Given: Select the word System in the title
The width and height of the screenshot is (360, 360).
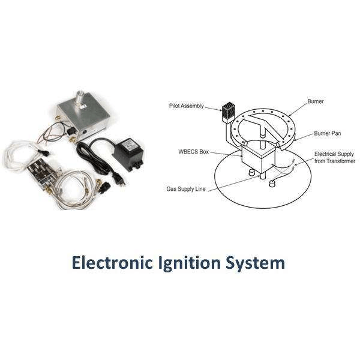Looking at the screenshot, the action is pyautogui.click(x=255, y=264).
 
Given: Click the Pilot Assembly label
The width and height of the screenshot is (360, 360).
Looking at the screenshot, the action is pyautogui.click(x=187, y=106).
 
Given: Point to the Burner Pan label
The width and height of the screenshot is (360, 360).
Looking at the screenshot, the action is pyautogui.click(x=328, y=133).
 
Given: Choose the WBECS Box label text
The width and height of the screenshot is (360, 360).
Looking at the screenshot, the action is pyautogui.click(x=194, y=152).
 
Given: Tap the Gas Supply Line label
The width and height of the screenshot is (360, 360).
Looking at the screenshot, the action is pyautogui.click(x=186, y=189).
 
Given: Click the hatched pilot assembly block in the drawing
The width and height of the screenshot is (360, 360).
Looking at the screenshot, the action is pyautogui.click(x=228, y=113).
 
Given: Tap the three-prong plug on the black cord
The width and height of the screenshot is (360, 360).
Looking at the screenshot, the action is pyautogui.click(x=116, y=179).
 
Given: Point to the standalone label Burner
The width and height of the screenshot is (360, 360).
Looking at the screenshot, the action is pyautogui.click(x=316, y=101).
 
